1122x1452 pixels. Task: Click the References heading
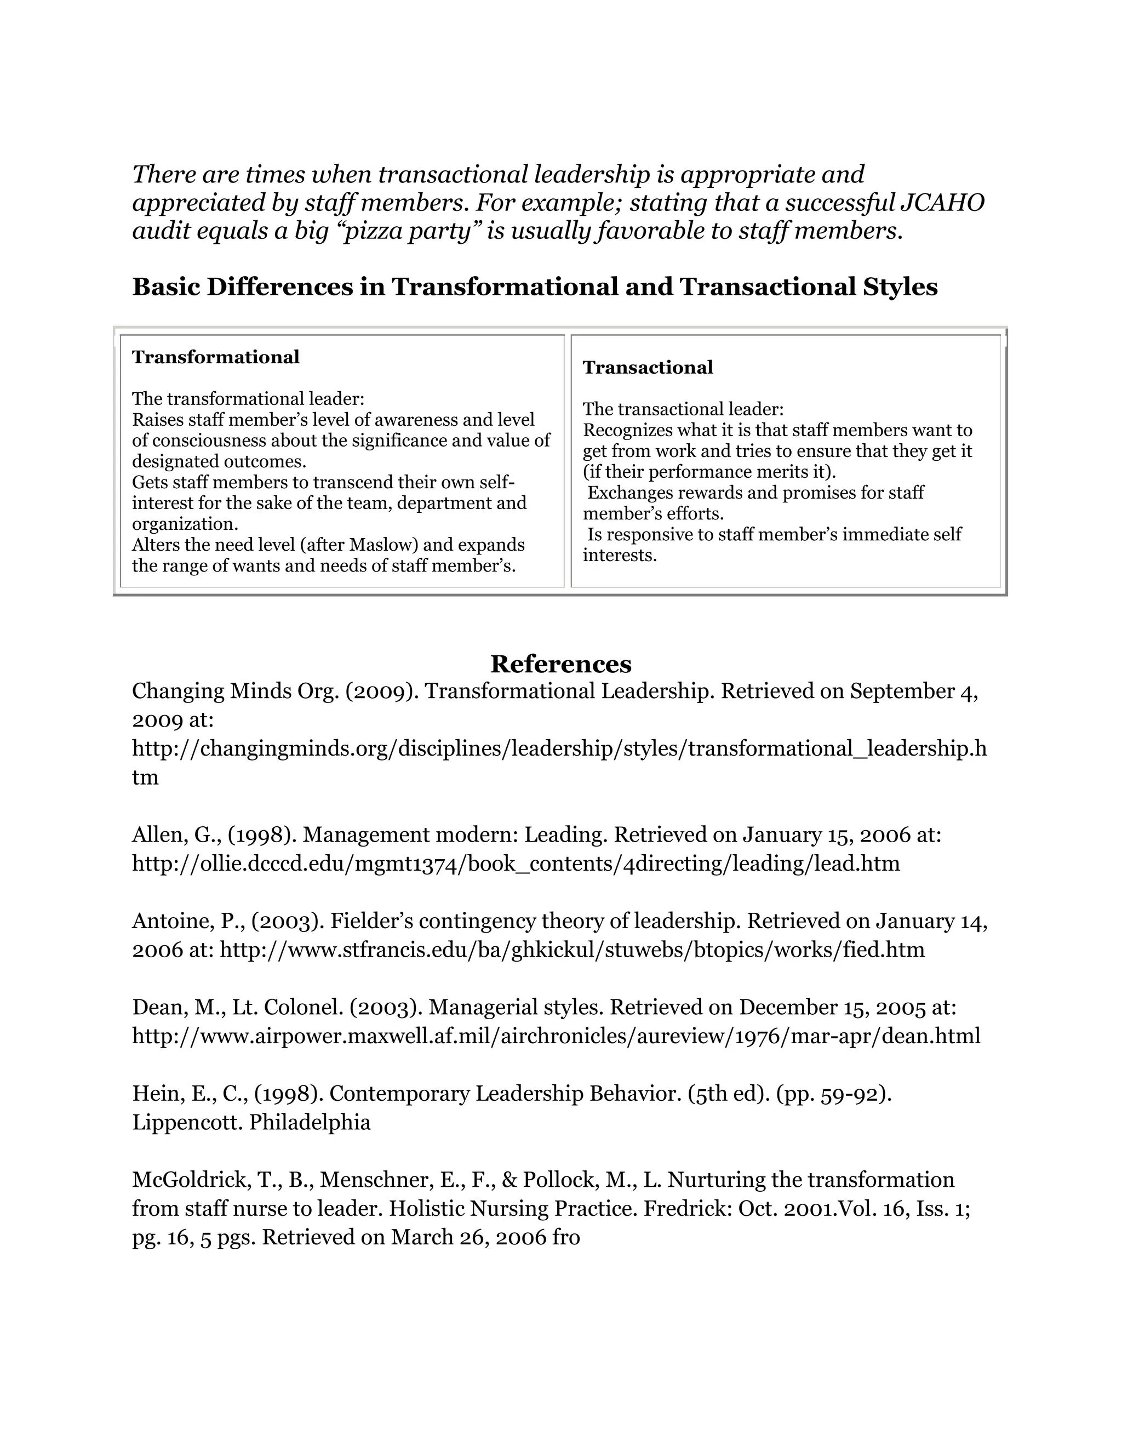click(x=560, y=664)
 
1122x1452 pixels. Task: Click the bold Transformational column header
click(x=215, y=357)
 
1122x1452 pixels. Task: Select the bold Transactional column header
click(x=648, y=367)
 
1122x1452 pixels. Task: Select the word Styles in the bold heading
click(x=901, y=287)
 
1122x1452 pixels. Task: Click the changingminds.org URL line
click(x=559, y=748)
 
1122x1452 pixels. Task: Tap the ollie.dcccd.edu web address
click(x=516, y=863)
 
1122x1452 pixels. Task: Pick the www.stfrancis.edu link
click(x=571, y=950)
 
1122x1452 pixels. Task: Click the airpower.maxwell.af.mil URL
click(x=556, y=1036)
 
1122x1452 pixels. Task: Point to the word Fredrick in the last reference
click(x=686, y=1208)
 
